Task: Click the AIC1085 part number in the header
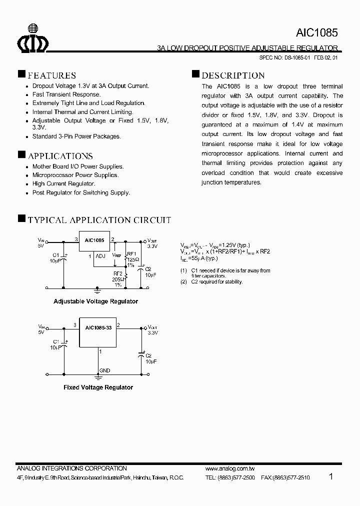tap(317, 33)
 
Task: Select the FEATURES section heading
tap(51, 75)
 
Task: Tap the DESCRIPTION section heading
tap(233, 75)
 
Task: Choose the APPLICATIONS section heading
tap(60, 156)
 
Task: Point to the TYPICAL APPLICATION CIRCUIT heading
tap(99, 220)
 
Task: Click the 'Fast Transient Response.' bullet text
tap(66, 94)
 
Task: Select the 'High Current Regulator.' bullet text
tap(63, 184)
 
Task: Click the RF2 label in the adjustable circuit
tap(118, 273)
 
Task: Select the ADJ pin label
tap(100, 256)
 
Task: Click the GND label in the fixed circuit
tap(104, 370)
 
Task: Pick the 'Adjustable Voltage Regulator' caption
tap(95, 301)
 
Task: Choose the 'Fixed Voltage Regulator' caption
tap(98, 387)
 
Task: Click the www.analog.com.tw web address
tap(230, 468)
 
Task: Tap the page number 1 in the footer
tap(331, 476)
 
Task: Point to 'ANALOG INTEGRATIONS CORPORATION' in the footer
tap(71, 468)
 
